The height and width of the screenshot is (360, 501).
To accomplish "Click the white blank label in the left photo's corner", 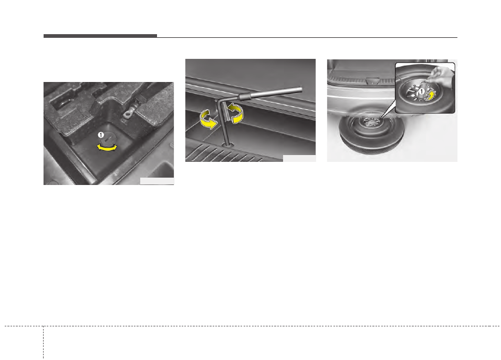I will (x=156, y=181).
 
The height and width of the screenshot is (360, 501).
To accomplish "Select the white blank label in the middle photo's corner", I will (x=299, y=158).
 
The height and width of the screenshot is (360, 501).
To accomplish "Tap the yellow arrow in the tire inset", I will (x=430, y=94).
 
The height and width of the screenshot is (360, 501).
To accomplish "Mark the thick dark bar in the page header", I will (x=100, y=36).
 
